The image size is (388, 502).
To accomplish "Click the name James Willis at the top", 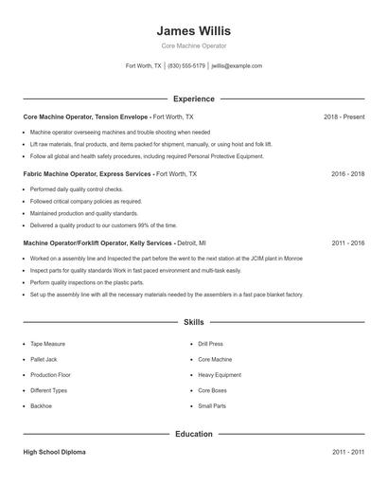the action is coord(193,31).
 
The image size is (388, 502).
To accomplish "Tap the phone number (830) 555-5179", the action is coord(186,66).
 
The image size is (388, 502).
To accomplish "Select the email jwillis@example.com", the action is coord(237,66).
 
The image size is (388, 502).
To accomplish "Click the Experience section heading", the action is coord(193,99).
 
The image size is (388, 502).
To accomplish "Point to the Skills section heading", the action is coord(193,323).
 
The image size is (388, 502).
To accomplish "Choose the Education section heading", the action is coord(193,434).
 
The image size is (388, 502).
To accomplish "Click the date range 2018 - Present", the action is coord(344,117).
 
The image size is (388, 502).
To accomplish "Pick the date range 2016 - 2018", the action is coord(347,174).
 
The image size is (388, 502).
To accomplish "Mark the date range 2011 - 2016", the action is coord(347,242).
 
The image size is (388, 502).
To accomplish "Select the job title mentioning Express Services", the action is coord(85,174).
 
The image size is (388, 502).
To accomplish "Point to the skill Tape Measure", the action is coord(48,344).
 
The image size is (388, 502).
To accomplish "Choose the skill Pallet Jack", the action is coord(44,360).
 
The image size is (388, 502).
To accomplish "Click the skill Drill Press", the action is coord(210,344).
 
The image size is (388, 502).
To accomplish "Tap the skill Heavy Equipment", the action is coord(220,375).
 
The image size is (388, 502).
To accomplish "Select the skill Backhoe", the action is coord(41,406).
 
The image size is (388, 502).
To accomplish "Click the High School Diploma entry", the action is coord(54,453).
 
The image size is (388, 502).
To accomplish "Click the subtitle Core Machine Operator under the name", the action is coord(193,45).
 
